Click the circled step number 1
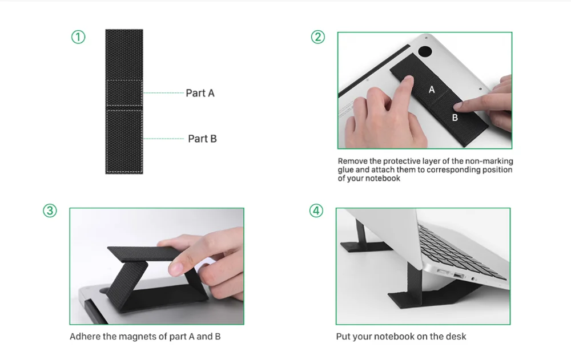tap(78, 37)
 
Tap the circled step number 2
tap(318, 37)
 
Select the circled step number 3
tap(50, 211)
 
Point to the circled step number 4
tap(316, 211)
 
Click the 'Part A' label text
tap(200, 93)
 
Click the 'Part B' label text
tap(202, 139)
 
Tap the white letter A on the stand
tap(432, 90)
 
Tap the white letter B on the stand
tap(455, 118)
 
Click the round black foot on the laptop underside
tap(425, 51)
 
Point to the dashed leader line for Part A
tap(163, 93)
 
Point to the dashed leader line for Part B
tap(163, 139)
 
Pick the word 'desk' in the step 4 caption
tap(456, 337)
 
